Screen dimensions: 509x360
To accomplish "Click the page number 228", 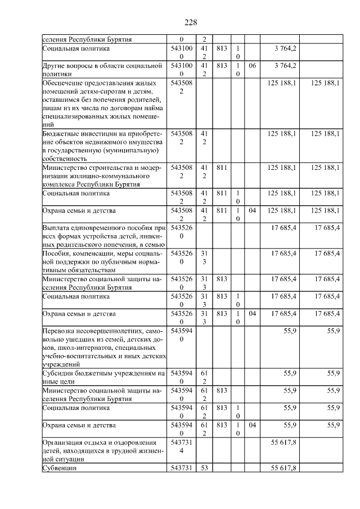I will (190, 22).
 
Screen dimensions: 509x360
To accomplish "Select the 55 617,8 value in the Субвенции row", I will (283, 468).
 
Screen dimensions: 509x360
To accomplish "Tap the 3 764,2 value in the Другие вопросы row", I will (286, 66).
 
